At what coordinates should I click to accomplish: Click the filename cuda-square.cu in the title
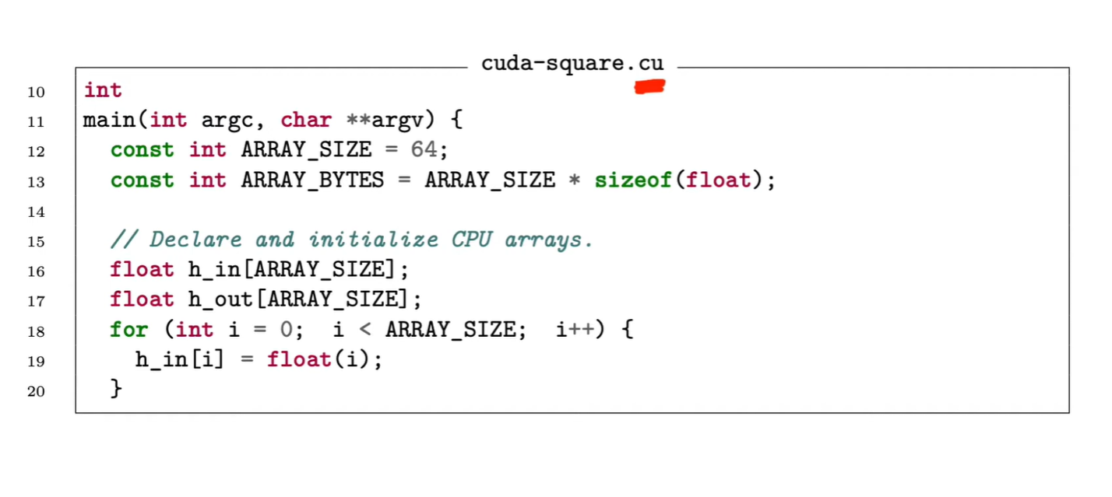572,63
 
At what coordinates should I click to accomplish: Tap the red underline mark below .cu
649,87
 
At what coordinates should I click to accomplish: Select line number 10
36,92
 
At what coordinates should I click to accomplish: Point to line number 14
36,212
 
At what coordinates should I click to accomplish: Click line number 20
36,390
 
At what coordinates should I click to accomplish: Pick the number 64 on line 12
424,149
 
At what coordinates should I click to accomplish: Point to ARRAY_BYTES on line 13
313,180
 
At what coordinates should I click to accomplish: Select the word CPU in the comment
472,240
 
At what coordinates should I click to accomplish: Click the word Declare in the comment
195,240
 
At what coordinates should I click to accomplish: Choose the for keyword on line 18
128,330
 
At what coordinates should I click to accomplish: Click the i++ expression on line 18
575,330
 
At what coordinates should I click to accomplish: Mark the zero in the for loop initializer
287,330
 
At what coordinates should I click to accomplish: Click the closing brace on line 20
117,388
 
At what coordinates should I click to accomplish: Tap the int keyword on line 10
103,90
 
